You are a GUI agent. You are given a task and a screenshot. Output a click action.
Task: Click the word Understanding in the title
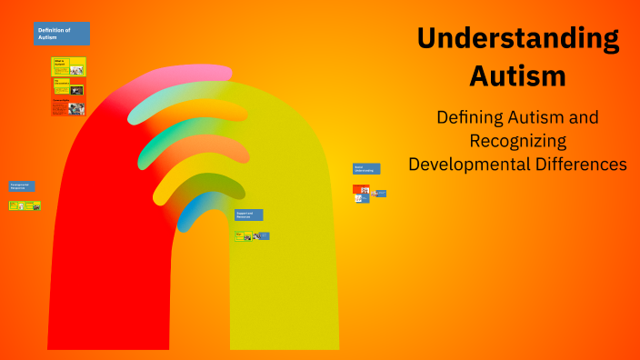point(518,39)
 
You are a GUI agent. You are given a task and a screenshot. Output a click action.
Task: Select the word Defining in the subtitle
point(474,117)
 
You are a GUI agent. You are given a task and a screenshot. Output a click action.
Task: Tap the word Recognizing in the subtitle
point(517,141)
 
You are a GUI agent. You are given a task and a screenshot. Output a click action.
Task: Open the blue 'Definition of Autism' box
point(62,34)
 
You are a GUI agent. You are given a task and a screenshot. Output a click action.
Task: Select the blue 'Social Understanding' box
point(366,169)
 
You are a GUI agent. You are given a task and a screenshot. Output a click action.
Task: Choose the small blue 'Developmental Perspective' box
point(22,186)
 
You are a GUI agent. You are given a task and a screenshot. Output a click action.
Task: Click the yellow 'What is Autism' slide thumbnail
point(69,66)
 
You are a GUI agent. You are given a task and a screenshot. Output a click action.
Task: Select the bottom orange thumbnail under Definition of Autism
point(69,107)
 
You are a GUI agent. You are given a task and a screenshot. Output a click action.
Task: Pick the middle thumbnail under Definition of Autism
point(69,87)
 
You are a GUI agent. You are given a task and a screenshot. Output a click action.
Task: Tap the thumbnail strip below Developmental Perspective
point(25,205)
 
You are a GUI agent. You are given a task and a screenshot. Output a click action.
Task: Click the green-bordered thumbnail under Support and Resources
point(243,236)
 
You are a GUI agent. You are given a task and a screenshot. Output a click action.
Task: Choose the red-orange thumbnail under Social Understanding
point(361,190)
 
